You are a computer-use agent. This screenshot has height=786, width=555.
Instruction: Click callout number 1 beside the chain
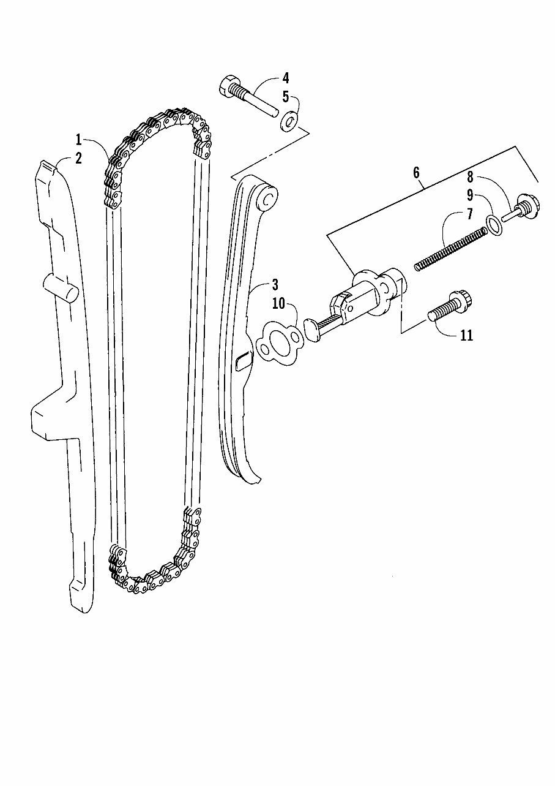(79, 140)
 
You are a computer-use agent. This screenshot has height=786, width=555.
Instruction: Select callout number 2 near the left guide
(78, 158)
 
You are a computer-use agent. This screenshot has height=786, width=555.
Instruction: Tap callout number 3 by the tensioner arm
(275, 285)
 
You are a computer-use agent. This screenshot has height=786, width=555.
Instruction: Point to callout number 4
(286, 78)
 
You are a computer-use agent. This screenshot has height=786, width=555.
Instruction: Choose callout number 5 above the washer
(286, 97)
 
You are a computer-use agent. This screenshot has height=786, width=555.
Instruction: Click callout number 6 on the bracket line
(416, 173)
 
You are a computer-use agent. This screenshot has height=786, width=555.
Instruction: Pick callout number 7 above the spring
(470, 214)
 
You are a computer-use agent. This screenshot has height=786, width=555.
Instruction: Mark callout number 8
(470, 177)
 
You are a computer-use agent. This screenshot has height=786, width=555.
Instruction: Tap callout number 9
(470, 195)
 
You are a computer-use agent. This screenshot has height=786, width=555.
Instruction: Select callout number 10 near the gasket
(279, 304)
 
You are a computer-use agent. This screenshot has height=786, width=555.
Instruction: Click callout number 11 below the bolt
(466, 336)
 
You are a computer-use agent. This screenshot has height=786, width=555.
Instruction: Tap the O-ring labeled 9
(494, 225)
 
